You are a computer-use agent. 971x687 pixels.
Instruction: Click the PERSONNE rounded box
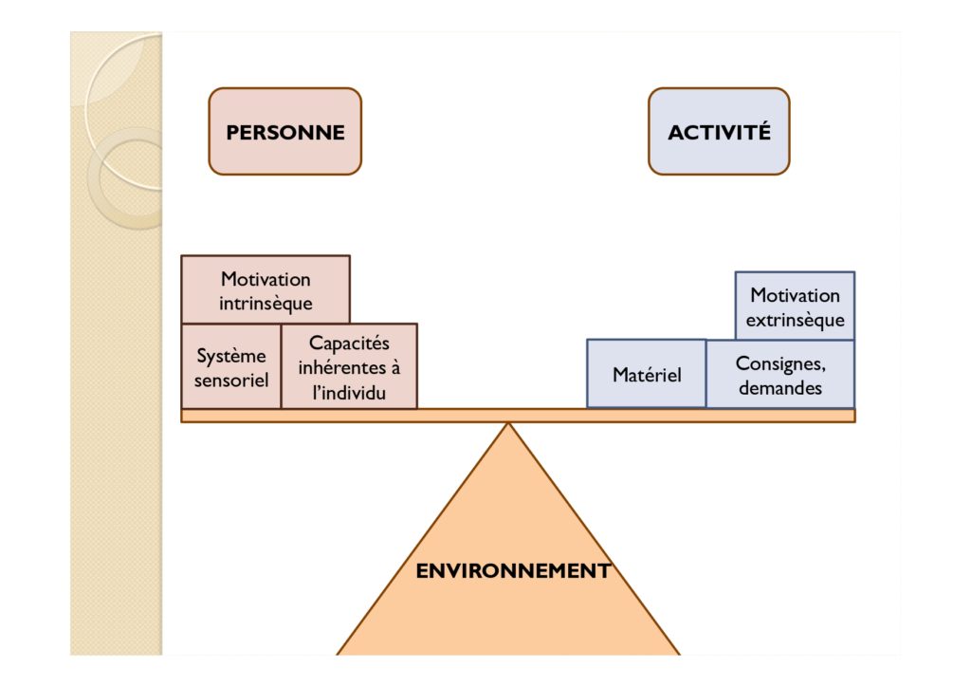click(x=284, y=131)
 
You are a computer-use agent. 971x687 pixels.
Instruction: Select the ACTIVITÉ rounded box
click(x=719, y=131)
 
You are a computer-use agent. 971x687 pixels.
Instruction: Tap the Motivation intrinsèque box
click(x=266, y=289)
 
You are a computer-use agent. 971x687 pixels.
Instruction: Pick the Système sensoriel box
click(x=231, y=366)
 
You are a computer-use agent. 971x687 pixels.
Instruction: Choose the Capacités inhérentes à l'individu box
click(x=349, y=366)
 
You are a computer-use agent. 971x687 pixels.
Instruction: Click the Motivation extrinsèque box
click(x=796, y=306)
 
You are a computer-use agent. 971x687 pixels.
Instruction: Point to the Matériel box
click(x=647, y=374)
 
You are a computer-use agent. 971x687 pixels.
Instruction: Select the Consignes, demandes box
click(x=780, y=374)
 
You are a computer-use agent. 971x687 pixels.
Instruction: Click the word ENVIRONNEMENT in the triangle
click(x=513, y=570)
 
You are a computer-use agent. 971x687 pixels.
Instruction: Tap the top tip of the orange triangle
click(x=508, y=423)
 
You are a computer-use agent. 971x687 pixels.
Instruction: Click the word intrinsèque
click(x=266, y=304)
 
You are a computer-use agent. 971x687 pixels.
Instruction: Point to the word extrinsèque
click(x=796, y=321)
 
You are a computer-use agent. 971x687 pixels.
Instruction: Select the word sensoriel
click(x=231, y=380)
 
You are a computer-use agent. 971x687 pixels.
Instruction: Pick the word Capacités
click(x=349, y=343)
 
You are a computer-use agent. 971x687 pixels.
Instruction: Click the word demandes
click(x=780, y=388)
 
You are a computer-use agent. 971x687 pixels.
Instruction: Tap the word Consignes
click(x=780, y=363)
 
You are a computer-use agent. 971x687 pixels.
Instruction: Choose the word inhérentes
click(x=340, y=367)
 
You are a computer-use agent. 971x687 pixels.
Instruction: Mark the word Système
click(x=231, y=356)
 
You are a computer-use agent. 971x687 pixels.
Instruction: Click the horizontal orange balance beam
click(x=518, y=416)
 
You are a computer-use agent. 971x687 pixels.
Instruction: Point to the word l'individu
click(x=349, y=392)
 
